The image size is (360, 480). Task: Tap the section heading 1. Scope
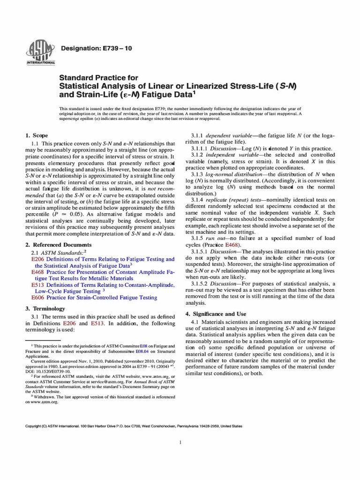click(37, 135)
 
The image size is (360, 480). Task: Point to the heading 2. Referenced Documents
click(59, 245)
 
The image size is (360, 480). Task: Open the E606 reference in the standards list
click(37, 297)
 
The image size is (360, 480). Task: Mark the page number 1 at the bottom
click(180, 442)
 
